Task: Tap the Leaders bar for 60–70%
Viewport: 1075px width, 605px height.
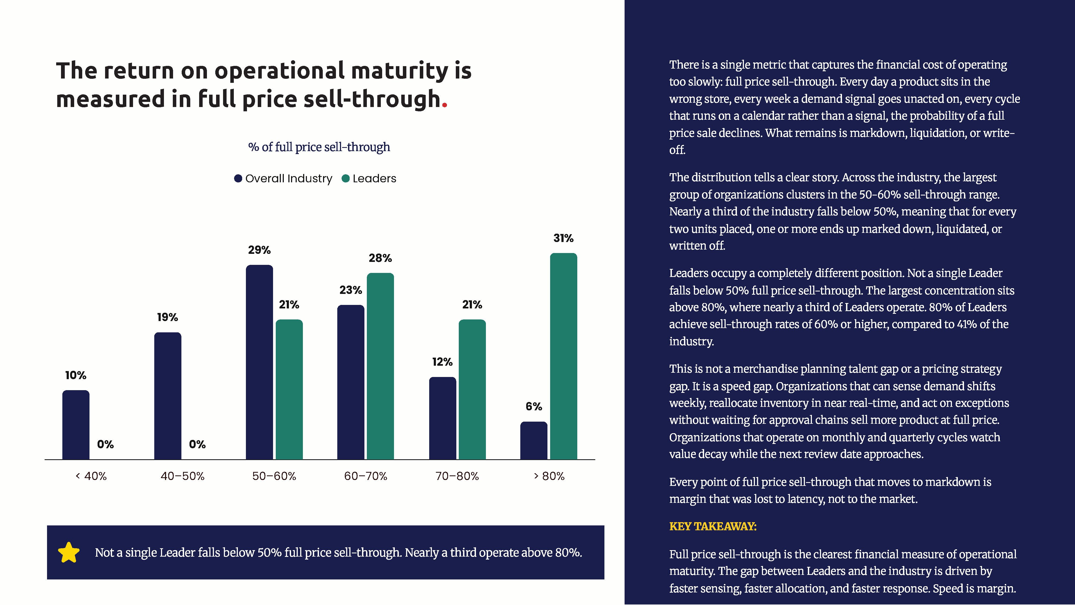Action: (380, 366)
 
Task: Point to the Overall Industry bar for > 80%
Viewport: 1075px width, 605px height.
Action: (534, 440)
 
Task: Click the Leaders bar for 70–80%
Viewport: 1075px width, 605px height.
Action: (472, 390)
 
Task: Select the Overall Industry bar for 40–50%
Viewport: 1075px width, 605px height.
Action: (168, 396)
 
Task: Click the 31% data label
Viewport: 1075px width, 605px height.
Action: (563, 239)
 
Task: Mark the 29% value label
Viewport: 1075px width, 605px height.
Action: (259, 250)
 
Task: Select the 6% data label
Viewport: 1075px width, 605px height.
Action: (534, 407)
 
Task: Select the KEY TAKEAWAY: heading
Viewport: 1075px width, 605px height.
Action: (713, 526)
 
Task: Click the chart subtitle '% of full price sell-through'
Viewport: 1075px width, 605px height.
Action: (319, 147)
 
